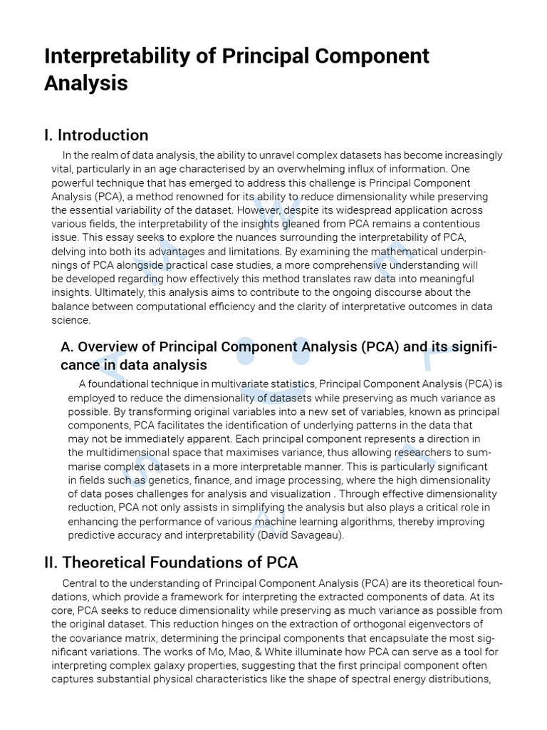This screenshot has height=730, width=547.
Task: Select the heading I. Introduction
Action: (x=96, y=135)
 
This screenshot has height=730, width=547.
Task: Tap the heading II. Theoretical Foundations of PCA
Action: (x=171, y=562)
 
